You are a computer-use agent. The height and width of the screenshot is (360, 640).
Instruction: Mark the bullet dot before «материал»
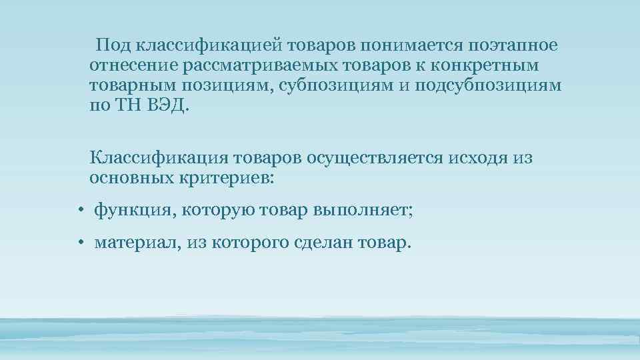(79, 244)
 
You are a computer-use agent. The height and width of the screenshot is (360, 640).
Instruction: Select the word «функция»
(132, 211)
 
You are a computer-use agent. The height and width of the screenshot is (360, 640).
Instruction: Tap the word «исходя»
(478, 159)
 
